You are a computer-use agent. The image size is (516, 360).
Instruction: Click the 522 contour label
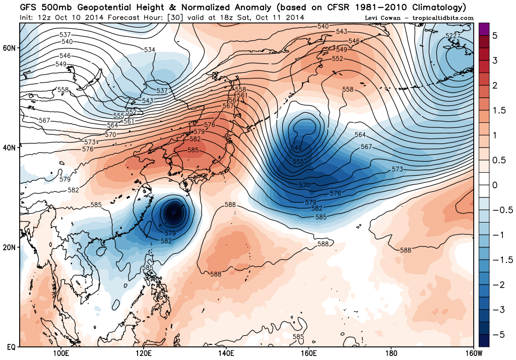click(451, 35)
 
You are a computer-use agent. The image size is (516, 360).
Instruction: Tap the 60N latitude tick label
click(10, 48)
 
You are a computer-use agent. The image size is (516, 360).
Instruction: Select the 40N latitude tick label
click(10, 148)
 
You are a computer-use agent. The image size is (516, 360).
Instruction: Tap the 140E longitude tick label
click(226, 353)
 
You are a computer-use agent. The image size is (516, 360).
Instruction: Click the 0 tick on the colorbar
click(495, 185)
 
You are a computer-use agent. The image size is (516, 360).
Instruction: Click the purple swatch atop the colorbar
click(483, 29)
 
